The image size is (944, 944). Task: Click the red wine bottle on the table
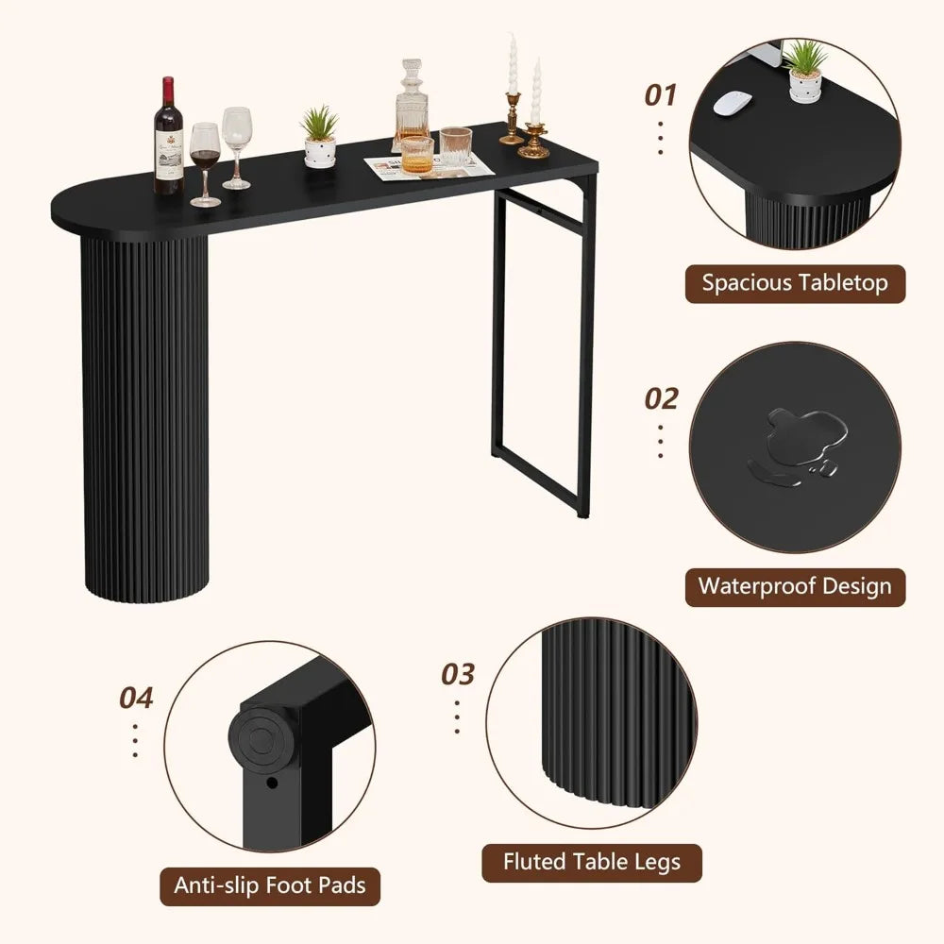(x=168, y=136)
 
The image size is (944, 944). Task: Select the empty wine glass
(x=237, y=147)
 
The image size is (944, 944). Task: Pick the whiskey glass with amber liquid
(x=417, y=155)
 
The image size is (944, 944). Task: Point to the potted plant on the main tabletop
(x=320, y=136)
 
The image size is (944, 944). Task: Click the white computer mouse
(x=733, y=103)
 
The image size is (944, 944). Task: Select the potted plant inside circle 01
(x=805, y=71)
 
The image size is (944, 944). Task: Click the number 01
(x=661, y=95)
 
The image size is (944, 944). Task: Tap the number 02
(x=661, y=398)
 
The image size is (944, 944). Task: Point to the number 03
(x=458, y=674)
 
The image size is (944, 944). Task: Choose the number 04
(x=136, y=699)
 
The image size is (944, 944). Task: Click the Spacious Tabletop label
(x=795, y=283)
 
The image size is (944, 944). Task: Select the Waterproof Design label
(x=795, y=587)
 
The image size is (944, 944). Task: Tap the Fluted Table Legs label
(x=592, y=863)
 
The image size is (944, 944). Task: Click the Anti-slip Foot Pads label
(x=270, y=886)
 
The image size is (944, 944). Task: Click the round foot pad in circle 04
(x=261, y=739)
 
